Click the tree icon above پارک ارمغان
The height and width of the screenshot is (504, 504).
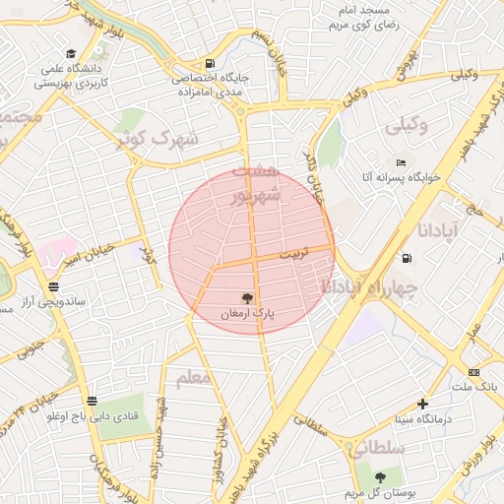[x=246, y=297]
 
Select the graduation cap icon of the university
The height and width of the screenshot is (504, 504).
[x=70, y=54]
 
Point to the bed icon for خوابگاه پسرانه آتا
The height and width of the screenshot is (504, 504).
[x=400, y=162]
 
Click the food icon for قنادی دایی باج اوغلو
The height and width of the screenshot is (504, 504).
[x=92, y=401]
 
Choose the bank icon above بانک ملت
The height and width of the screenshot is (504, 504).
[x=473, y=372]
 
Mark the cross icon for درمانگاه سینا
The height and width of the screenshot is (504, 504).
[x=422, y=404]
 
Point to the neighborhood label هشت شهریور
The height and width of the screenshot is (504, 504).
[x=256, y=183]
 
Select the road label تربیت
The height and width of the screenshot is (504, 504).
[x=294, y=253]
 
